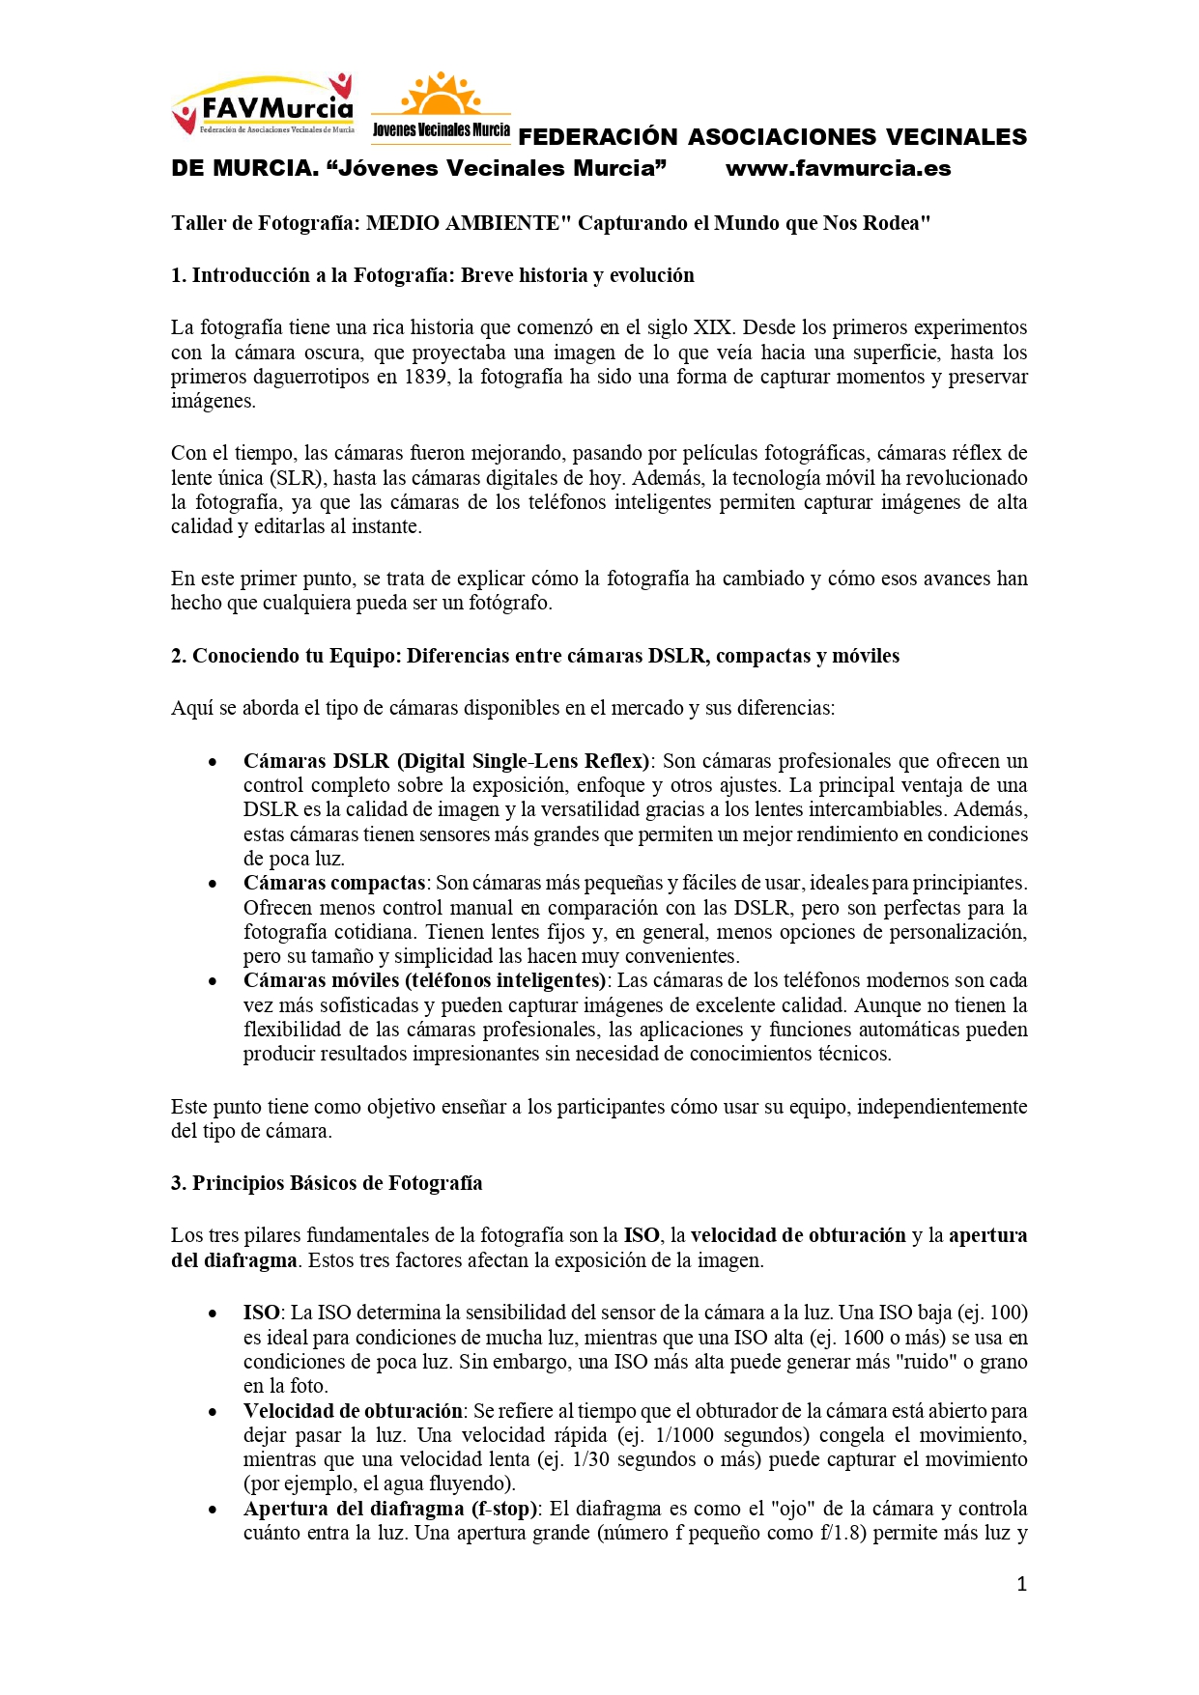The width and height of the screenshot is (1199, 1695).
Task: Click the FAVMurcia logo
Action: (x=262, y=104)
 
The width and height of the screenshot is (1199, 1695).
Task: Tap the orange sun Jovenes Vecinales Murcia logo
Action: (x=441, y=106)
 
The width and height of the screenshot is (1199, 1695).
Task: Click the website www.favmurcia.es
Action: (x=838, y=169)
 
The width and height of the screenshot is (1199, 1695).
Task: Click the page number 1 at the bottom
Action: (x=1021, y=1584)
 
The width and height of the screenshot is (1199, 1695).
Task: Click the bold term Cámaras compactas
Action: (x=333, y=883)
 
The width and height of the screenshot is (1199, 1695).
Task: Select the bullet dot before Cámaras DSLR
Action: (x=213, y=762)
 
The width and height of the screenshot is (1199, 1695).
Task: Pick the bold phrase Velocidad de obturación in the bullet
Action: (x=354, y=1411)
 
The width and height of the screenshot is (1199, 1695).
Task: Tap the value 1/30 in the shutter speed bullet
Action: (x=590, y=1459)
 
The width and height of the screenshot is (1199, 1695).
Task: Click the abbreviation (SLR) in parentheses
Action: (x=295, y=478)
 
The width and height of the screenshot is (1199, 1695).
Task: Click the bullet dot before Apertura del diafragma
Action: (x=213, y=1510)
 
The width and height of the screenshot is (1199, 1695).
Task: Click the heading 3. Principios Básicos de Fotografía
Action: (x=327, y=1183)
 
